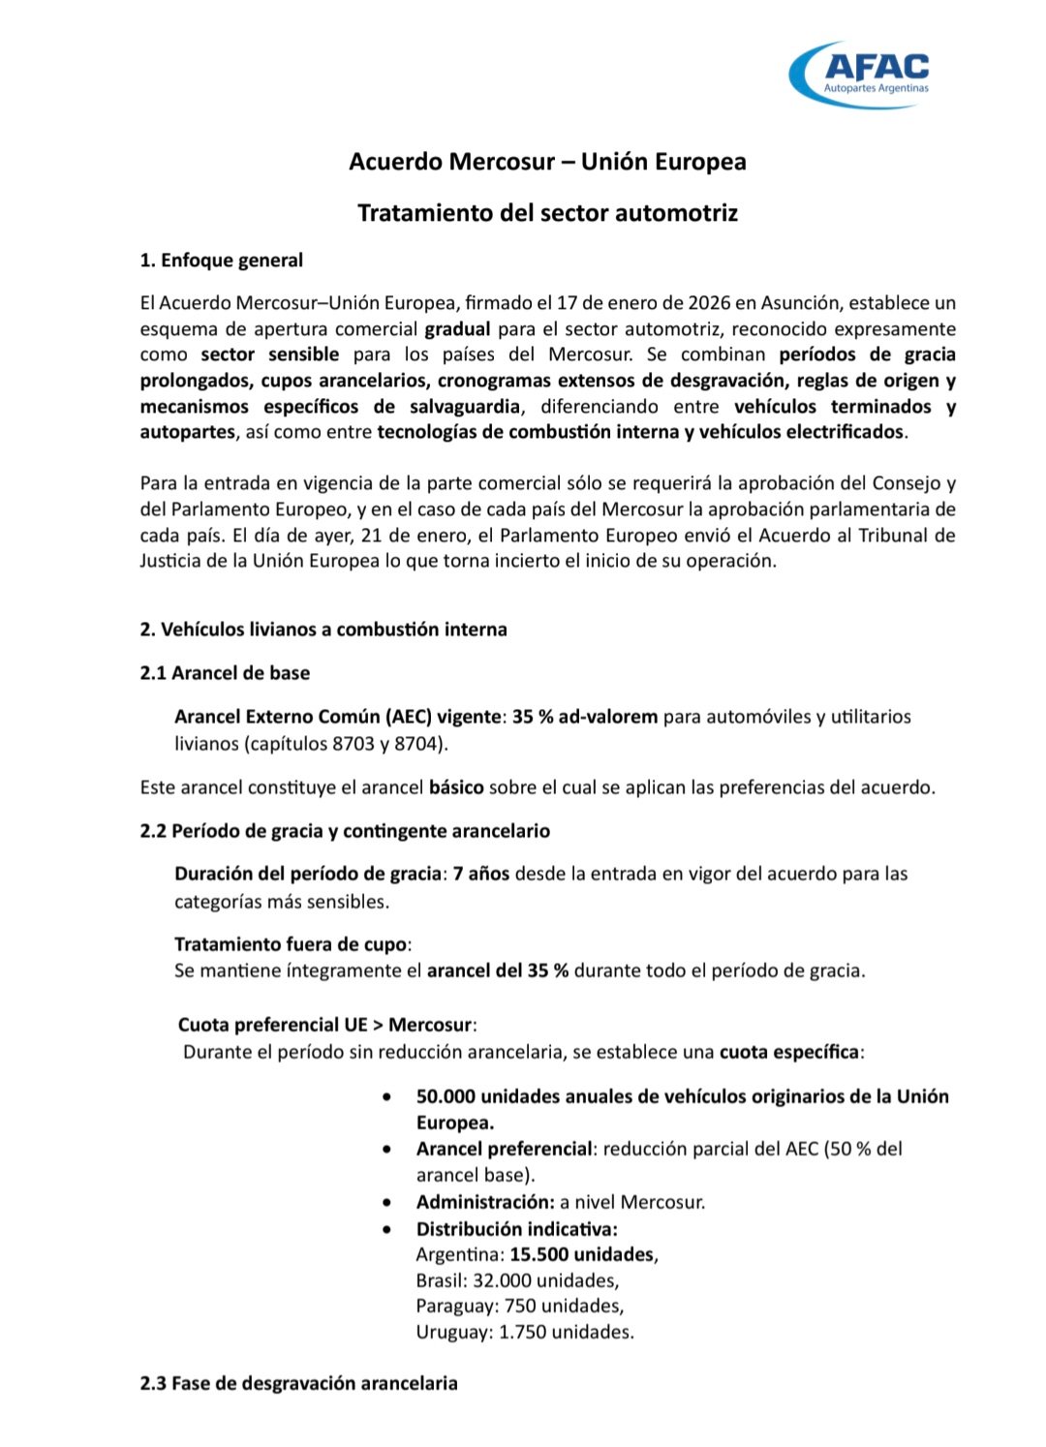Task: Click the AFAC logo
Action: point(861,73)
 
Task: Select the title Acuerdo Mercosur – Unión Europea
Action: point(547,162)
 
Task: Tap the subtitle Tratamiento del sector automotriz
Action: point(547,213)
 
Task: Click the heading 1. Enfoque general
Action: point(221,261)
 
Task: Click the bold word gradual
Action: point(457,329)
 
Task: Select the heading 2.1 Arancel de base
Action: point(225,673)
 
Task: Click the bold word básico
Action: point(456,787)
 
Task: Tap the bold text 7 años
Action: point(481,874)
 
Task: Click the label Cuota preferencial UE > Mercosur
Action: point(326,1025)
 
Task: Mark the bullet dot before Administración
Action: point(387,1203)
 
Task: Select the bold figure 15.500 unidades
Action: point(582,1255)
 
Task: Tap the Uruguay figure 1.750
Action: point(523,1333)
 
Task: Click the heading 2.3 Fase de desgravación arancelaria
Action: point(298,1383)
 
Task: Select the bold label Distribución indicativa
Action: point(516,1229)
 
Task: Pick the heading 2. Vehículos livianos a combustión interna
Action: point(323,630)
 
